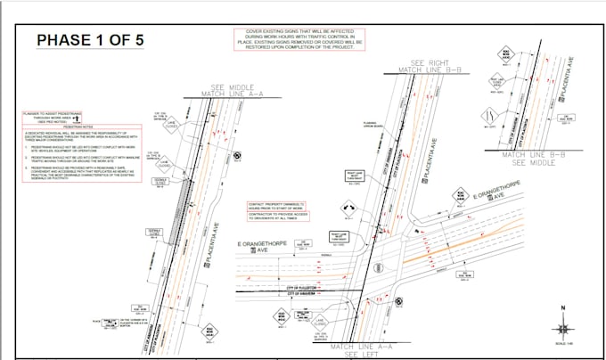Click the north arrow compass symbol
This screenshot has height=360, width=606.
[x=562, y=316]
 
